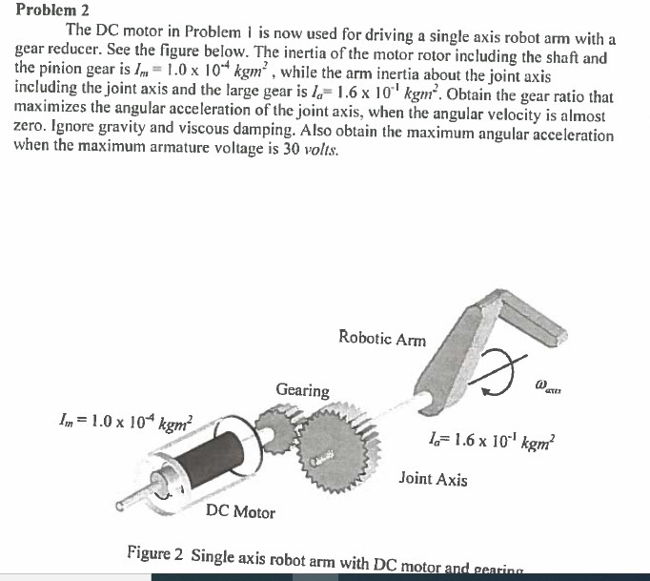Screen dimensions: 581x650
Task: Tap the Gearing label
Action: click(x=302, y=390)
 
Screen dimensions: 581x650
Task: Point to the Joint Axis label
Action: click(x=433, y=479)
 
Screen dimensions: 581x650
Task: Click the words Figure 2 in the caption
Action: click(x=155, y=555)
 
